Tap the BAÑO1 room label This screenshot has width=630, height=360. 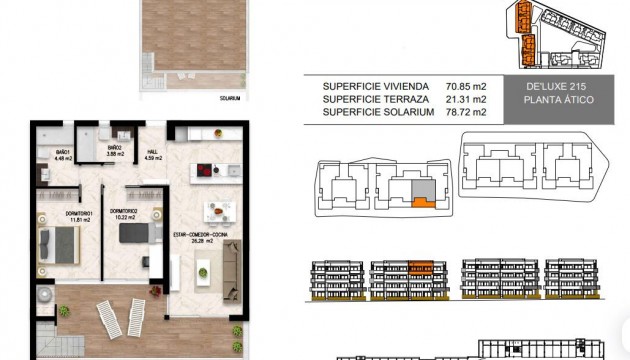[50, 153]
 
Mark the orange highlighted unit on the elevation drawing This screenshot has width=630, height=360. [420, 267]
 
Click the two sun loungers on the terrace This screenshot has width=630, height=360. [113, 319]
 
